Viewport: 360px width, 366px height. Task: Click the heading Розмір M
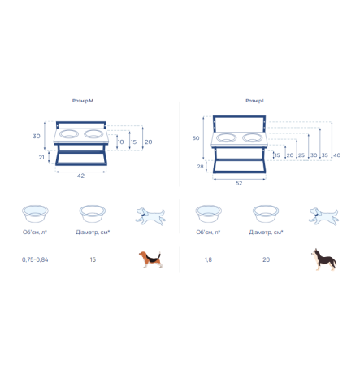pos(83,101)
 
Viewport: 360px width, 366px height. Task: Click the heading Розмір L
pos(255,101)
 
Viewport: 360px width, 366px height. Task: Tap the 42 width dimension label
pos(80,176)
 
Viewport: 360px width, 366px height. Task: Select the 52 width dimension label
pos(239,183)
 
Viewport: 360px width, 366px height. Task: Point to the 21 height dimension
pos(41,157)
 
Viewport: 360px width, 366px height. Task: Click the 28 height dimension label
pos(200,167)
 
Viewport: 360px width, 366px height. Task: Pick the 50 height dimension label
pos(196,138)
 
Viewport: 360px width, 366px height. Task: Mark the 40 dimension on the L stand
pos(336,155)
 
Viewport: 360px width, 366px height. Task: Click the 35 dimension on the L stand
pos(325,155)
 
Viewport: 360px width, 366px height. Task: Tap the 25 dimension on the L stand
pos(301,155)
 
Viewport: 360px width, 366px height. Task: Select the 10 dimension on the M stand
pos(121,142)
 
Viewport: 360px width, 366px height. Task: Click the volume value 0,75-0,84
pos(35,259)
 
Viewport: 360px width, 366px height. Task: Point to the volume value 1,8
pos(208,259)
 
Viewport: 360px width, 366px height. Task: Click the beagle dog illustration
pos(150,259)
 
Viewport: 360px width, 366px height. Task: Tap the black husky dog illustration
pos(323,259)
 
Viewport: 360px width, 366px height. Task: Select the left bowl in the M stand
pos(69,134)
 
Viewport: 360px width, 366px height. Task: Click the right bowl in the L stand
pos(253,137)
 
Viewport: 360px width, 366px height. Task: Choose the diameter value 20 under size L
pos(266,259)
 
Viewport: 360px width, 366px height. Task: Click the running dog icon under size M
pos(150,216)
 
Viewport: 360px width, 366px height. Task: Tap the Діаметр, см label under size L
pos(266,233)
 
